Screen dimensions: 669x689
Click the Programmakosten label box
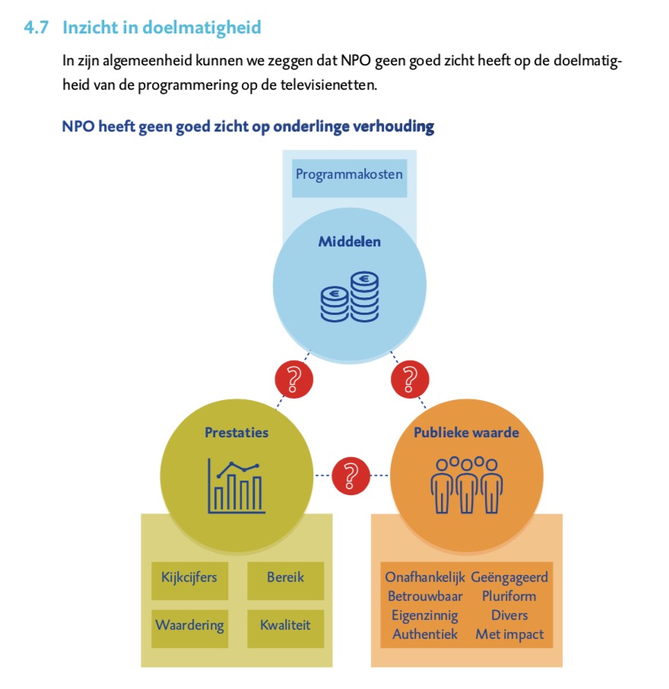(x=349, y=179)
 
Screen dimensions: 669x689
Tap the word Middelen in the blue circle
(x=349, y=242)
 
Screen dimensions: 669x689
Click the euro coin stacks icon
(x=350, y=297)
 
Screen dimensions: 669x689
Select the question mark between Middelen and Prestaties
(x=294, y=379)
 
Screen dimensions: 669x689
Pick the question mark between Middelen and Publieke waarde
(x=410, y=379)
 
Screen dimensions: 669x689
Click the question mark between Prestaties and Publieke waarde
(x=350, y=475)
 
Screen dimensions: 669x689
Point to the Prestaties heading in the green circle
(x=236, y=433)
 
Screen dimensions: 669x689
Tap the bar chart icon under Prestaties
(x=236, y=486)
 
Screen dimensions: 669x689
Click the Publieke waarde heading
(x=466, y=433)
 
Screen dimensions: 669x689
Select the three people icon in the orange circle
(x=467, y=485)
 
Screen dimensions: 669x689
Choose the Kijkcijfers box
(x=190, y=580)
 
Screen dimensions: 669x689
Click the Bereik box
(x=286, y=580)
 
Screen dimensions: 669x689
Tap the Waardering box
(x=190, y=628)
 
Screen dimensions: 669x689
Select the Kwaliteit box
(x=286, y=628)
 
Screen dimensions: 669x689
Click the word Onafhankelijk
(x=425, y=577)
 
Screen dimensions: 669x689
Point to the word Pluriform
(x=509, y=596)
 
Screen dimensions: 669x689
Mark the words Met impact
(x=509, y=634)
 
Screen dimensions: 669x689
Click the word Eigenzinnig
(x=425, y=616)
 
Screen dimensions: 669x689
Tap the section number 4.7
(x=36, y=27)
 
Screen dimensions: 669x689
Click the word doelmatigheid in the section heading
(x=202, y=27)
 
